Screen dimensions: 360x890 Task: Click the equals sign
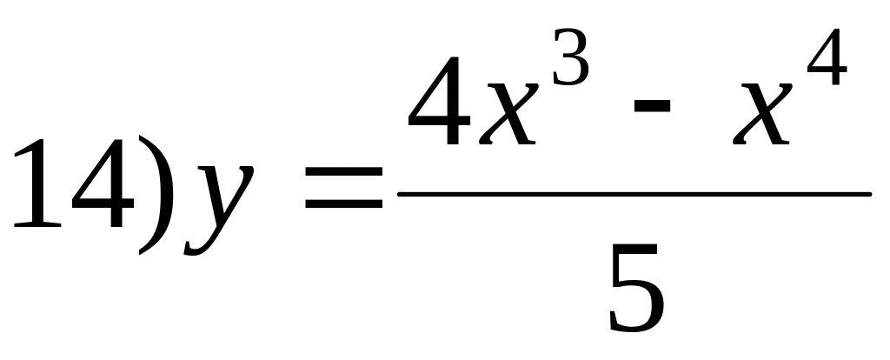tap(342, 193)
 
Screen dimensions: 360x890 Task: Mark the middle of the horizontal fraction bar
tap(634, 193)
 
